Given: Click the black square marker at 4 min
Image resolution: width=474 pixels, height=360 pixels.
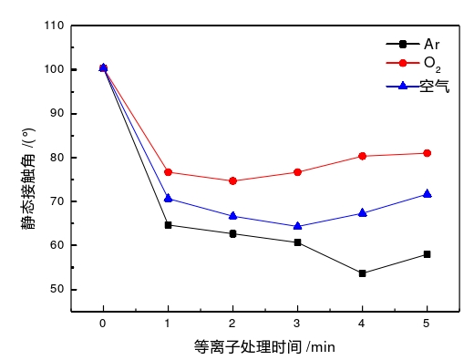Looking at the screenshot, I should (x=363, y=273).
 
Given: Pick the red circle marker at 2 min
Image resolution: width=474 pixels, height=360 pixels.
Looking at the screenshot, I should (x=232, y=181).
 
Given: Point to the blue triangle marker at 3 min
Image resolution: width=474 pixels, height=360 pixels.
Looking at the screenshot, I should (x=297, y=226).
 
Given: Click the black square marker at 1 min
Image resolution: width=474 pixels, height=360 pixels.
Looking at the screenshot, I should (x=168, y=225).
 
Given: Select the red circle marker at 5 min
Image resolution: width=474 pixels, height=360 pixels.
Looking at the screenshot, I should (x=428, y=153).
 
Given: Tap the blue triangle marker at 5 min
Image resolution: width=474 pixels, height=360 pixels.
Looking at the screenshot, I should (x=428, y=193).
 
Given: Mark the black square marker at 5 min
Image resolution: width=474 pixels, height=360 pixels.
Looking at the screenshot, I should (x=428, y=254).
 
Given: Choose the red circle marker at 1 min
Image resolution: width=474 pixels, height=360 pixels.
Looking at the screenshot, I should (x=168, y=172).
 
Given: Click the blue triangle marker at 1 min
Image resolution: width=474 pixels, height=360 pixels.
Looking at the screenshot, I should (x=168, y=198).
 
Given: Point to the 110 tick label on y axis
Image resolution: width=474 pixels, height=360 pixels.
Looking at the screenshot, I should (x=53, y=26).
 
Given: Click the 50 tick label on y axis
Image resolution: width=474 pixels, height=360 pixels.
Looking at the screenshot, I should (x=56, y=289).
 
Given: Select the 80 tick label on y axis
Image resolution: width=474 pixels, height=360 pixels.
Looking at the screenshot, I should (x=56, y=158).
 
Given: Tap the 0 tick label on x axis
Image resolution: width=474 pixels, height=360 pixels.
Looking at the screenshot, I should (x=103, y=324).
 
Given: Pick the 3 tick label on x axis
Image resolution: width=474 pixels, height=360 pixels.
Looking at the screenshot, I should (x=297, y=324).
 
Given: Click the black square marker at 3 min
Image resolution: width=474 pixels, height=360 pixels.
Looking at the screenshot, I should (x=297, y=242).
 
